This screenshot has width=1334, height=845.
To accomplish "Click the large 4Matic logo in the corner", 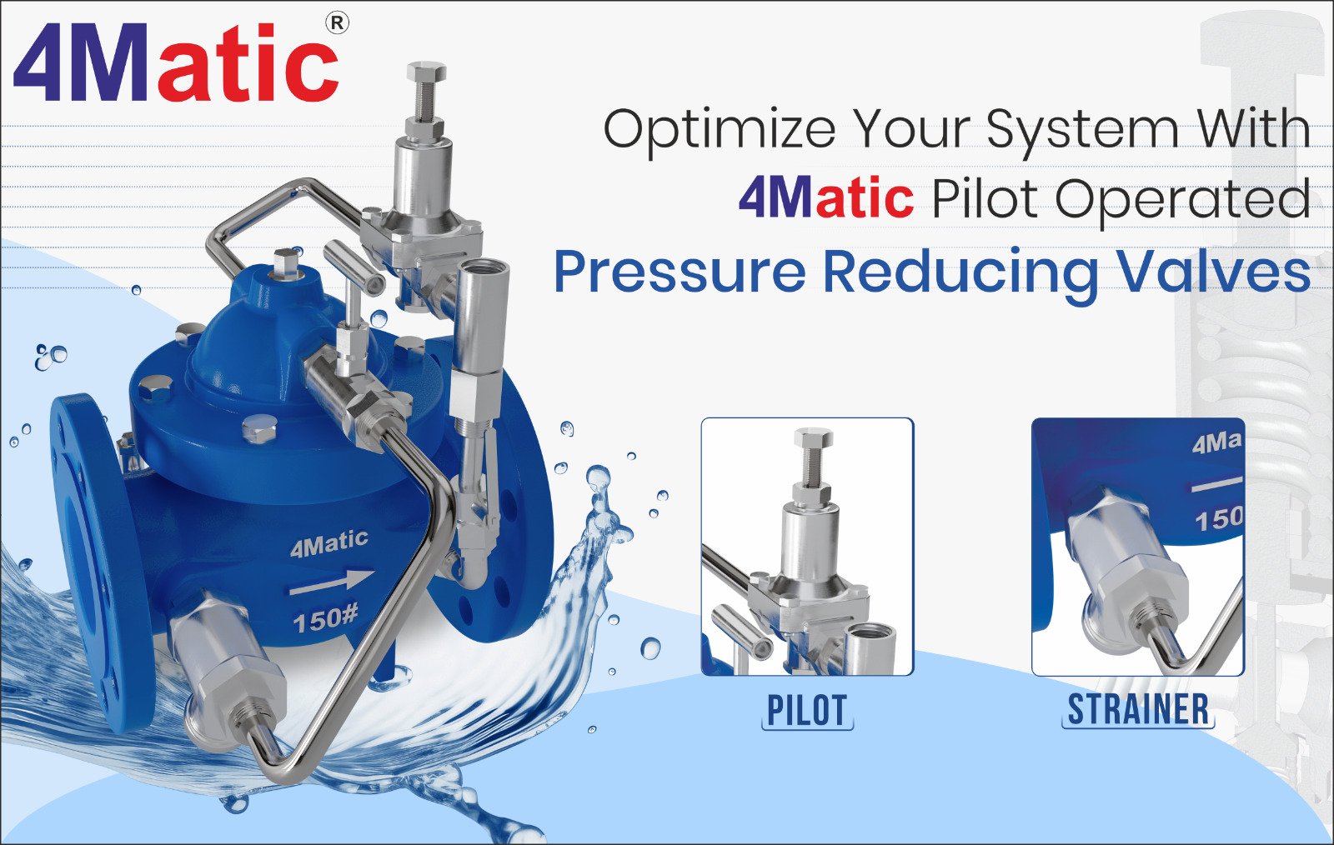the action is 176,63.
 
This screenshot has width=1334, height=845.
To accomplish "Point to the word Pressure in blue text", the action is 680,273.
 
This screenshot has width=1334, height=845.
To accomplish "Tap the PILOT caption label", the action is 807,709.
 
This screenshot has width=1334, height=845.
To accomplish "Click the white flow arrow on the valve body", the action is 332,582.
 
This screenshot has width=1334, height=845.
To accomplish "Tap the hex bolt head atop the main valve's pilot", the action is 426,72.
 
